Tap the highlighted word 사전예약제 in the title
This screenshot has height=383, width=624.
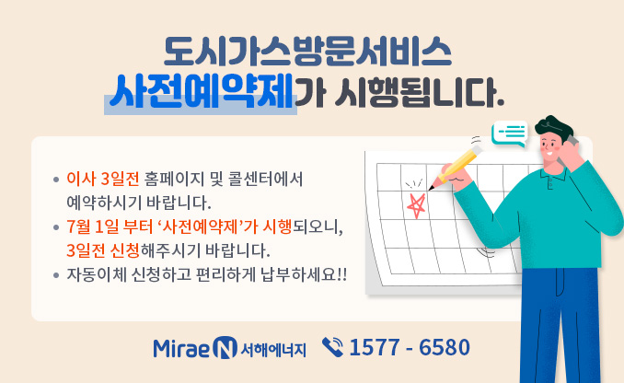point(201,93)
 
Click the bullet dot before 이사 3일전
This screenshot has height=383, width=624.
point(57,179)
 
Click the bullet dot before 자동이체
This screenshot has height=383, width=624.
point(57,275)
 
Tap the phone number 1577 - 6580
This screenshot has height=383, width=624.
point(410,348)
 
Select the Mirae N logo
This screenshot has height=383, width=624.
point(195,348)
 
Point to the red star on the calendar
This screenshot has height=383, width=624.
point(416,205)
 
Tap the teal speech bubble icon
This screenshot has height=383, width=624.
point(509,135)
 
